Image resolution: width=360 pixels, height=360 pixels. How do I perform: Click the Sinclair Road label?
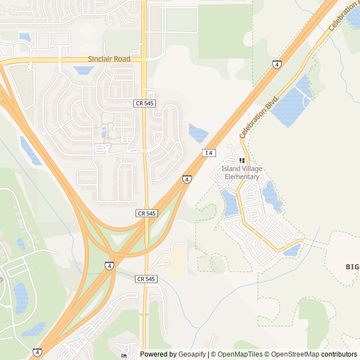point(109,59)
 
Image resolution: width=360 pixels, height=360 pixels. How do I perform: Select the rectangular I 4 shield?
point(209,152)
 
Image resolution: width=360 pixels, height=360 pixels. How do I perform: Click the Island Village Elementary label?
point(242,173)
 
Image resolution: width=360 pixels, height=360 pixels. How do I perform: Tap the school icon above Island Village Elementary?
point(242,161)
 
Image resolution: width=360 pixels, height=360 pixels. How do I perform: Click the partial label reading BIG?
point(352,266)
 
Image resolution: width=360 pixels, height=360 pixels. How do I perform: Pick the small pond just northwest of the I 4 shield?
point(198,133)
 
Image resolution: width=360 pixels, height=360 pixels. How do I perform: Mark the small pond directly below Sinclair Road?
point(84,70)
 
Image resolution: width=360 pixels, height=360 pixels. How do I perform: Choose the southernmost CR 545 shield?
point(146,279)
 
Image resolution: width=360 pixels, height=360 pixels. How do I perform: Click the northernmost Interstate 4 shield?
point(277,64)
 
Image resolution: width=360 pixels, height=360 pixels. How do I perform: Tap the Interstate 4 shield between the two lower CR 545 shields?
point(109,265)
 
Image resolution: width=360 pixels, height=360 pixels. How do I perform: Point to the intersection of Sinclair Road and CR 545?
point(145,59)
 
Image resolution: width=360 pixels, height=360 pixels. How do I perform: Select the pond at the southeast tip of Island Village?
point(292,250)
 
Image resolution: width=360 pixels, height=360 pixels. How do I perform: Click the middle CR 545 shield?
point(147,213)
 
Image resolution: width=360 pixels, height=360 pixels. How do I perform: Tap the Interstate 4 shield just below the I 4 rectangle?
point(187,179)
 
